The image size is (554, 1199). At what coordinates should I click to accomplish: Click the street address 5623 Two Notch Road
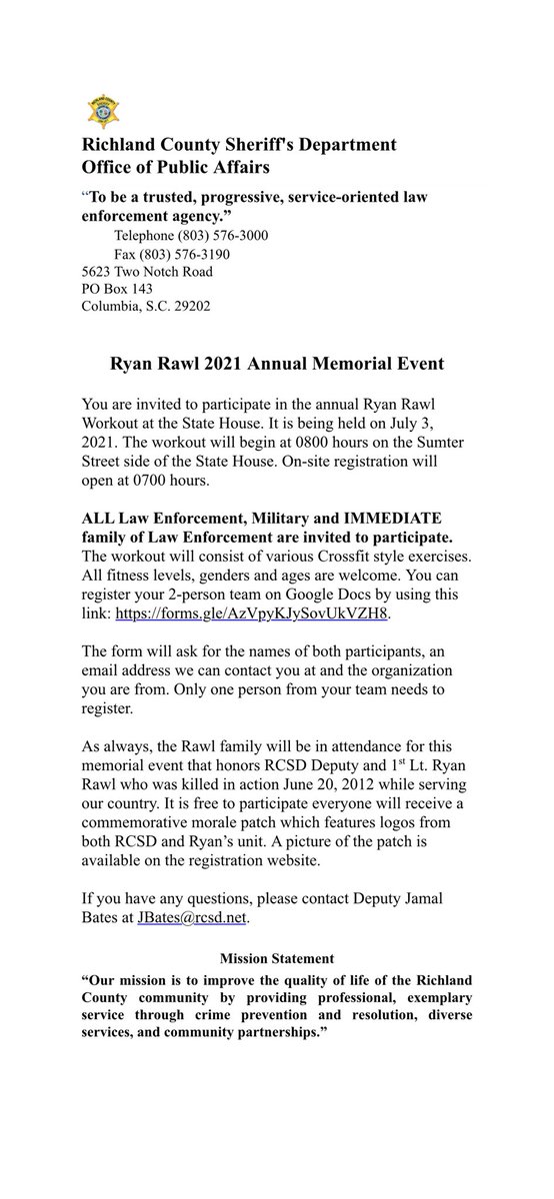click(x=147, y=271)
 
